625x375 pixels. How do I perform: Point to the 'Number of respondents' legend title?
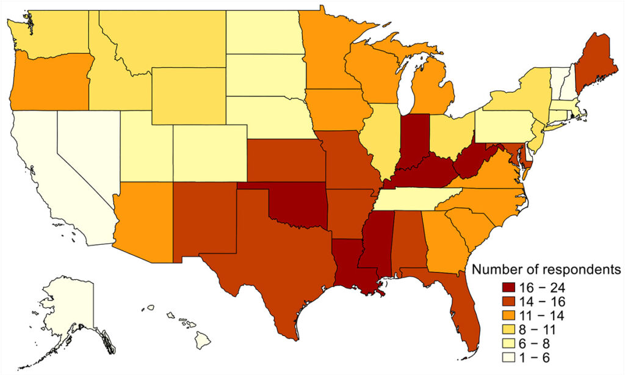[547, 269]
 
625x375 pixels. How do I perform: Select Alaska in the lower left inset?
[67, 305]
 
